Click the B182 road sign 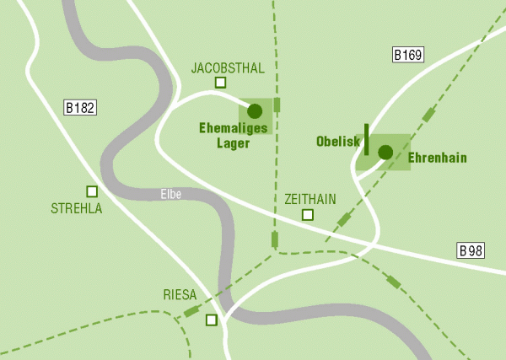82,107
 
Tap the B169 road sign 408,56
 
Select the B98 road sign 472,250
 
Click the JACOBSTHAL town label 228,67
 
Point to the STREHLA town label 77,208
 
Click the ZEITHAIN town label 310,199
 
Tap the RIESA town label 180,295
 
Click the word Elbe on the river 172,195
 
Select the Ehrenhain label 437,158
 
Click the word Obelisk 338,142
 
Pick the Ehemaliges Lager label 233,135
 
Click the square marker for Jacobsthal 221,83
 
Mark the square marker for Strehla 92,191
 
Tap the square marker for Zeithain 308,215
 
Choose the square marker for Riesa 211,320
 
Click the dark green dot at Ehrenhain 385,152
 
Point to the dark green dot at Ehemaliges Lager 255,110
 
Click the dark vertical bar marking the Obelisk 366,139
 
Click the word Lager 233,142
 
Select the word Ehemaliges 233,128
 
